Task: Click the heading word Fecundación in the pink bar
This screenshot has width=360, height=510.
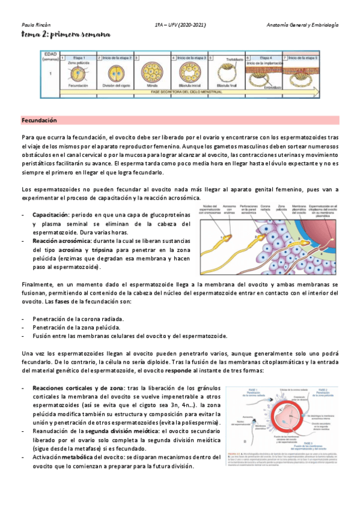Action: pos(39,121)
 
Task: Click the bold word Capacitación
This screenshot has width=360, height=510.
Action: pos(50,215)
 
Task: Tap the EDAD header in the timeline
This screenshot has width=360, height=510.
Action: pos(50,54)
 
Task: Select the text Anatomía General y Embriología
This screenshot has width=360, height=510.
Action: pos(303,25)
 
